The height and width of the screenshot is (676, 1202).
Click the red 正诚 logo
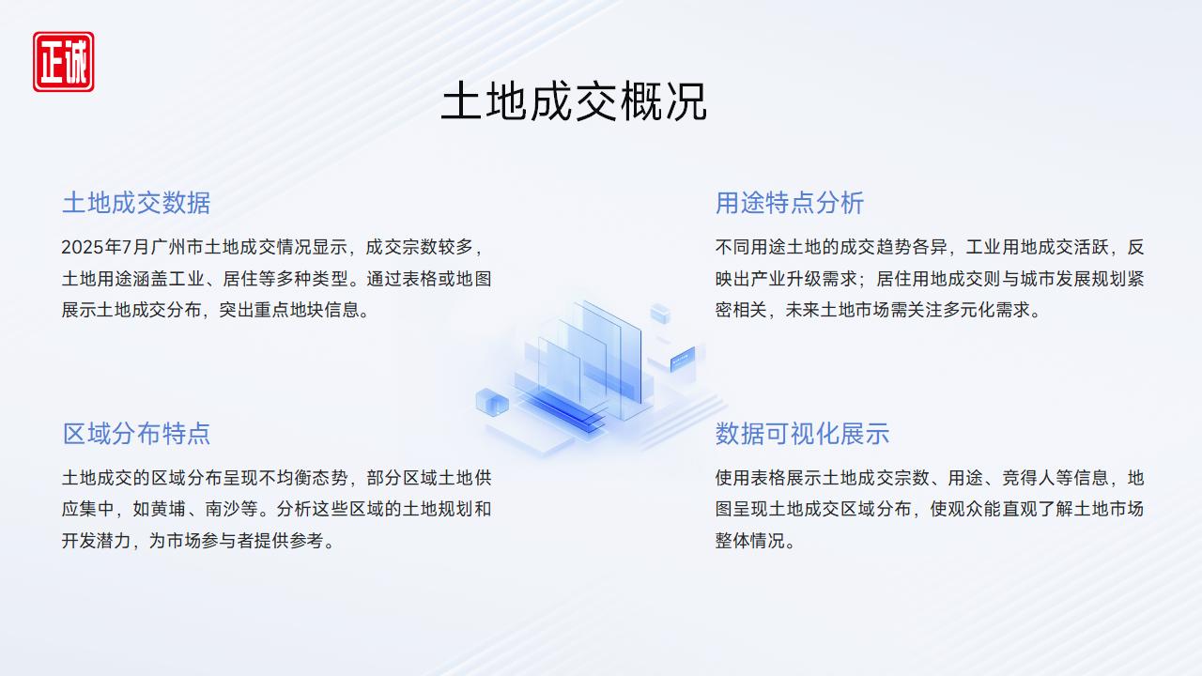tap(63, 62)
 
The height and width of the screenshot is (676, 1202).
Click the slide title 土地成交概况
tap(574, 101)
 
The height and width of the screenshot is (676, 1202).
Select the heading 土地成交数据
tap(136, 203)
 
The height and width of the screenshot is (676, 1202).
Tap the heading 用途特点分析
tap(790, 203)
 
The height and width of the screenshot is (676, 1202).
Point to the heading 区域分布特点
tap(136, 434)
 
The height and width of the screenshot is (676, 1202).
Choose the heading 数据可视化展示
tap(802, 434)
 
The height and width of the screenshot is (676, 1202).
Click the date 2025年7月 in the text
tap(105, 247)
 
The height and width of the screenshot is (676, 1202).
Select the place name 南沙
tap(223, 509)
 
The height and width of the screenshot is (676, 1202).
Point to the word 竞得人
tap(1028, 478)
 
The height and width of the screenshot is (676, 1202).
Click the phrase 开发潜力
tap(97, 541)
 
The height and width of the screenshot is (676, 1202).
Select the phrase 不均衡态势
tap(303, 478)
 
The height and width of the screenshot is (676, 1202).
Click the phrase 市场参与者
tap(210, 541)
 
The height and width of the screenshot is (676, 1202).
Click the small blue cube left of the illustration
tap(492, 403)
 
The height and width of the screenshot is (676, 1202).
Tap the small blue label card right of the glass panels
tap(683, 359)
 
